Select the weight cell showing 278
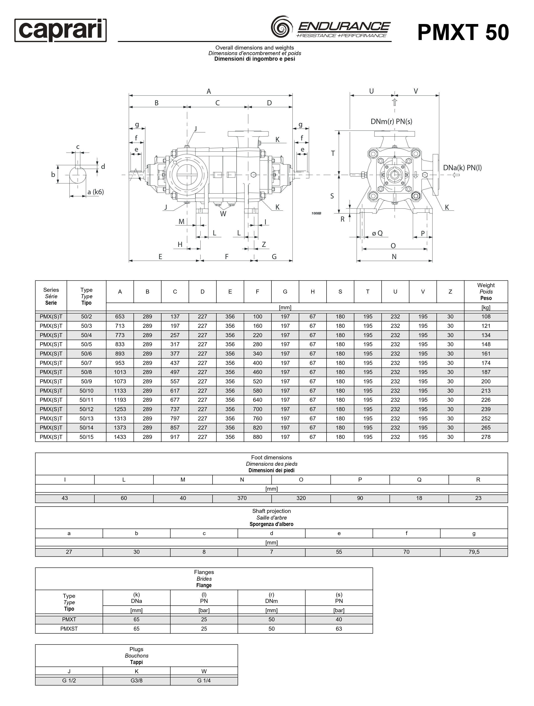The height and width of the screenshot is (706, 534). [486, 437]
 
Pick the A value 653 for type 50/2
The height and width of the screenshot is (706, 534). [120, 317]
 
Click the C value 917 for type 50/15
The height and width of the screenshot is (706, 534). [175, 437]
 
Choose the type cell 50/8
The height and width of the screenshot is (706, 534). [86, 372]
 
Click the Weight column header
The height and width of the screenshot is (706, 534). [486, 291]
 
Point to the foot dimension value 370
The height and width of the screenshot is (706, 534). [242, 498]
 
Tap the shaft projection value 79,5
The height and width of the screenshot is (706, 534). [474, 552]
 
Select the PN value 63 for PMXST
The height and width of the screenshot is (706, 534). [339, 629]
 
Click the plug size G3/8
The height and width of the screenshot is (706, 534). [137, 680]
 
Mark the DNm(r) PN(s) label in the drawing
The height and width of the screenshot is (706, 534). [391, 122]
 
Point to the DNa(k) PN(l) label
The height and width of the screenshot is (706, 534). [462, 168]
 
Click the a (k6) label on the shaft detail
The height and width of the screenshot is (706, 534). [95, 192]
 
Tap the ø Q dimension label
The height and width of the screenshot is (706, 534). [377, 233]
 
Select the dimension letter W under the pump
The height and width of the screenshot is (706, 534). [223, 214]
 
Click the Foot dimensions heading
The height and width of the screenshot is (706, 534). [271, 457]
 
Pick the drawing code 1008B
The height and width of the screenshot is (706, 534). [316, 213]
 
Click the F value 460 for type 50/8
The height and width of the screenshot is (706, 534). [257, 372]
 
